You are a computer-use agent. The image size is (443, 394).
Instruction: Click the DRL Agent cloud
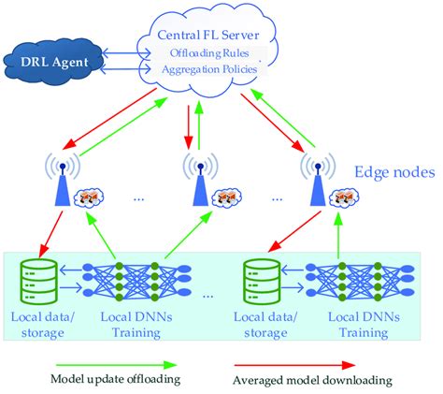pyautogui.click(x=53, y=62)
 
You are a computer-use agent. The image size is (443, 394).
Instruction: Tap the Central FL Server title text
pyautogui.click(x=207, y=35)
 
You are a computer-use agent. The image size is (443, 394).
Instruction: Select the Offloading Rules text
pyautogui.click(x=209, y=53)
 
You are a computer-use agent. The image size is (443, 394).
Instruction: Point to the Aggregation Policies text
pyautogui.click(x=209, y=69)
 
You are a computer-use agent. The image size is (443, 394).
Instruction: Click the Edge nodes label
pyautogui.click(x=394, y=172)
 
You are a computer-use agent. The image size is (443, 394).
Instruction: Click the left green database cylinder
pyautogui.click(x=39, y=281)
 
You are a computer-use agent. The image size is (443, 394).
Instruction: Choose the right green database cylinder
pyautogui.click(x=262, y=281)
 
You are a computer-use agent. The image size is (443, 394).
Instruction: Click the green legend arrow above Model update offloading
pyautogui.click(x=116, y=365)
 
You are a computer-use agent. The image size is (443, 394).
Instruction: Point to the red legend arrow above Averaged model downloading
pyautogui.click(x=294, y=365)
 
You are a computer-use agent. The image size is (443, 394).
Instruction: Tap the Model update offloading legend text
pyautogui.click(x=116, y=379)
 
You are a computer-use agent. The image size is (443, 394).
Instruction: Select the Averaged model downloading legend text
pyautogui.click(x=312, y=380)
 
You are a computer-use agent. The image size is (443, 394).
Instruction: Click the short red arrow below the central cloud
pyautogui.click(x=188, y=127)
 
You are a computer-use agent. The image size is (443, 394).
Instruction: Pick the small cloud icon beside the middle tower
pyautogui.click(x=227, y=197)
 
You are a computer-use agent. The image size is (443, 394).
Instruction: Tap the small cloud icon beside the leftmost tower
pyautogui.click(x=89, y=197)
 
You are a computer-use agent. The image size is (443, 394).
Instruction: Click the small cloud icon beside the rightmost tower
pyautogui.click(x=344, y=197)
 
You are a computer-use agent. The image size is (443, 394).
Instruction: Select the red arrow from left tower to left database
pyautogui.click(x=50, y=234)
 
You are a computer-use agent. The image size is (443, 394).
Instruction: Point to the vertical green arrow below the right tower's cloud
pyautogui.click(x=338, y=236)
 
